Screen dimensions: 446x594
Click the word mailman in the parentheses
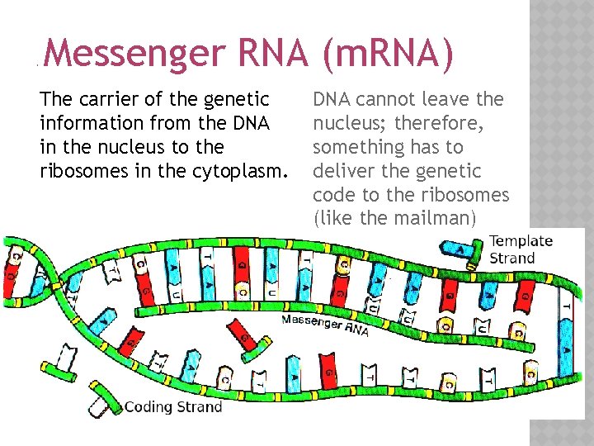pos(434,218)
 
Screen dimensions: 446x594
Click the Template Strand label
pos(521,249)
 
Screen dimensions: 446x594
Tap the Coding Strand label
pos(173,406)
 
